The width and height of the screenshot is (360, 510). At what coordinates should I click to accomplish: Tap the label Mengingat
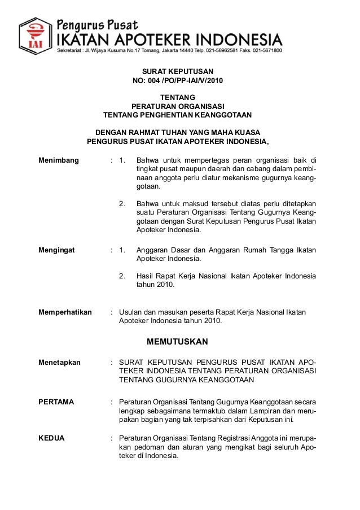pos(56,250)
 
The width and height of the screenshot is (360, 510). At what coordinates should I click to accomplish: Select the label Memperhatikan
pos(65,312)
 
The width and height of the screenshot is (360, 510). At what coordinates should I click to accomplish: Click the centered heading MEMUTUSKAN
pos(177,342)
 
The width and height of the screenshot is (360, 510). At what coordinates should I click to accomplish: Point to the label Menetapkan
pos(59,362)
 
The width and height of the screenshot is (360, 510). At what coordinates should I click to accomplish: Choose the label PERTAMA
pos(56,402)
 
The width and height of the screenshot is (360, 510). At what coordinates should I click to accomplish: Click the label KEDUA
pos(51,438)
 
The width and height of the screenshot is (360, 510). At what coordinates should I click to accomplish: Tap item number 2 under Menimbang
pos(122,203)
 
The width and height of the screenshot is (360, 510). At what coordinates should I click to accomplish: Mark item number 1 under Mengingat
pos(122,250)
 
